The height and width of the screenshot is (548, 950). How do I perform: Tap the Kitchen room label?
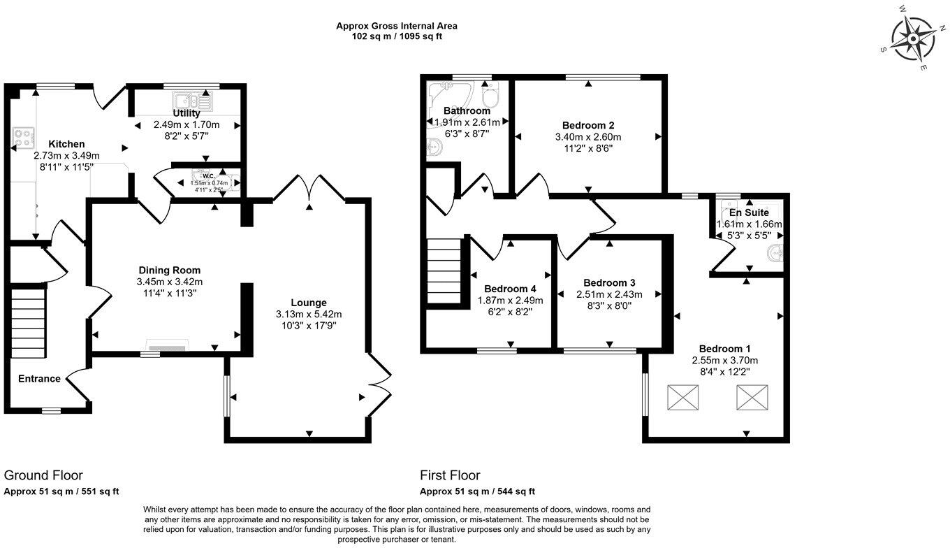(x=66, y=144)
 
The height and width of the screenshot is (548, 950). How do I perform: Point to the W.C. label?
(x=207, y=176)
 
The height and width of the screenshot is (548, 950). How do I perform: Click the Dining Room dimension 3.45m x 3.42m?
(x=169, y=282)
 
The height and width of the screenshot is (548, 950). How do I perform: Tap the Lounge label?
(x=308, y=303)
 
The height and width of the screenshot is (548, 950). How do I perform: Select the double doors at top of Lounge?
(x=309, y=189)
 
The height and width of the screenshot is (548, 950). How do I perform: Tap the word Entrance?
(x=39, y=379)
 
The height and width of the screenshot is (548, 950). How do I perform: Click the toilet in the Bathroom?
(x=491, y=94)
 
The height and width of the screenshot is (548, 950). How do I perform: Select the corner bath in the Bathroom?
(x=448, y=94)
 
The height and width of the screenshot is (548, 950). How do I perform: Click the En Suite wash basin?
(x=774, y=252)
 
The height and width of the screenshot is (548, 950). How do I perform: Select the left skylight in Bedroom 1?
(x=682, y=398)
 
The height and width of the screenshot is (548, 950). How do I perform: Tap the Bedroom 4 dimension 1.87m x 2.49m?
(x=510, y=301)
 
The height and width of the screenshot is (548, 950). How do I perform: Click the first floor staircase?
(x=445, y=272)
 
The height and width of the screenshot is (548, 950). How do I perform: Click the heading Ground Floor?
(x=43, y=476)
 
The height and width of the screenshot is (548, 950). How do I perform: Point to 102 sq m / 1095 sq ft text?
(x=396, y=36)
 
